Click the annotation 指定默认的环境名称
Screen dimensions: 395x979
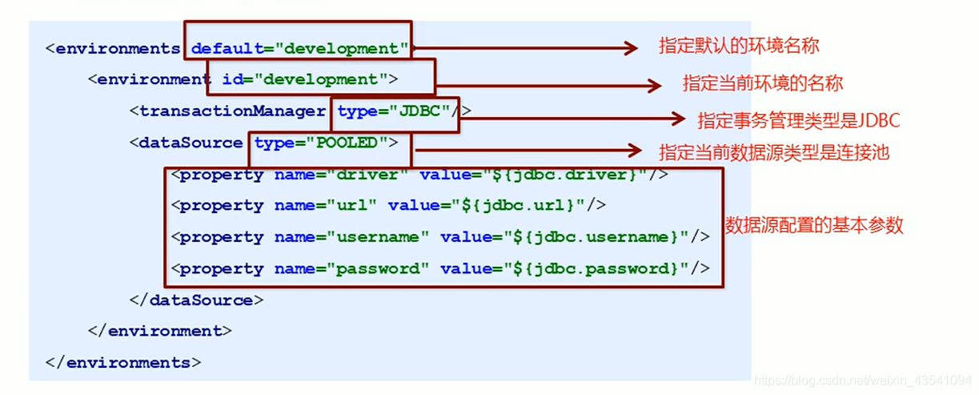click(x=738, y=46)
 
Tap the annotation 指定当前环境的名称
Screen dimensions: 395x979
click(x=762, y=83)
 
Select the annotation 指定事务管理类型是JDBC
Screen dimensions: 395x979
click(x=799, y=120)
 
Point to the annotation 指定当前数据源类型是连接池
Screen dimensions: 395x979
click(x=773, y=151)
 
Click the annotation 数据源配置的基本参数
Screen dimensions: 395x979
click(x=814, y=225)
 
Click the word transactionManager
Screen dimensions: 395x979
click(x=232, y=111)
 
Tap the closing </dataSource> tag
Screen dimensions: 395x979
click(x=196, y=300)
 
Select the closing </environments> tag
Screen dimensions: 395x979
click(x=123, y=362)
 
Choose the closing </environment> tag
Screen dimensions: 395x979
click(x=160, y=331)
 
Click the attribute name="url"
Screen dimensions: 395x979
click(x=325, y=205)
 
